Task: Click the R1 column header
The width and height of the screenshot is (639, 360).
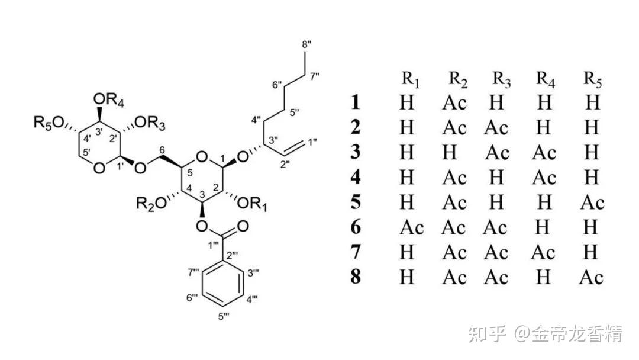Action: coord(411,79)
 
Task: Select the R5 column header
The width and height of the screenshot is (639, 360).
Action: coord(592,79)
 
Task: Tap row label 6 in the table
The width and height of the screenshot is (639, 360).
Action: coord(355,228)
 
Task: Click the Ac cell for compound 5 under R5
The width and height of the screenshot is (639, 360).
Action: coord(592,203)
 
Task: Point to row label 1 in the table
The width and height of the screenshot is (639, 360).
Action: coord(355,103)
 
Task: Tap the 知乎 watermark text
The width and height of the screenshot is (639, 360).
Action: coord(487,335)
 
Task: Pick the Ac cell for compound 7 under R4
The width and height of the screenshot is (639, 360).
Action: coord(544,253)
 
